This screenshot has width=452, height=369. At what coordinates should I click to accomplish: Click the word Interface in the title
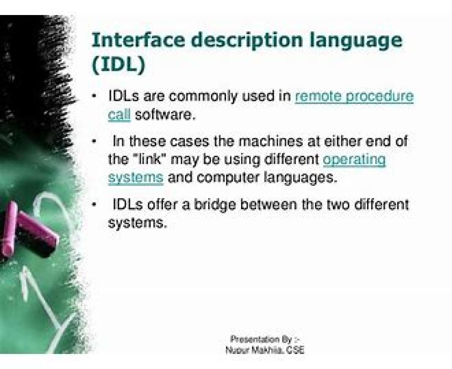pyautogui.click(x=138, y=40)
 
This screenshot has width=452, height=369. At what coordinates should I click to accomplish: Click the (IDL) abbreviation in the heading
pyautogui.click(x=119, y=64)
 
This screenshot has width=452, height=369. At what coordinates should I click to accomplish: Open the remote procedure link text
pyautogui.click(x=354, y=97)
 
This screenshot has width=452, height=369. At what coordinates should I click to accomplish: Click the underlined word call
pyautogui.click(x=119, y=115)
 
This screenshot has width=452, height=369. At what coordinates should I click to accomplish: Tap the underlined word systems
pyautogui.click(x=136, y=178)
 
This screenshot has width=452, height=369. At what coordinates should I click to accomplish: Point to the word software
pyautogui.click(x=165, y=115)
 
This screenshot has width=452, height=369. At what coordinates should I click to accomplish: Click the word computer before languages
pyautogui.click(x=228, y=178)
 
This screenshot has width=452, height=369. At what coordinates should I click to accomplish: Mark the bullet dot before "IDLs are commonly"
pyautogui.click(x=93, y=96)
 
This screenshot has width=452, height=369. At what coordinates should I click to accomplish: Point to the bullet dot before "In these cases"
pyautogui.click(x=93, y=142)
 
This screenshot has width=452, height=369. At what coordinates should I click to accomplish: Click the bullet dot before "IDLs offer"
pyautogui.click(x=93, y=205)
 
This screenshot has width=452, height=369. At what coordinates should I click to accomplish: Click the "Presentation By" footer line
pyautogui.click(x=265, y=339)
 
